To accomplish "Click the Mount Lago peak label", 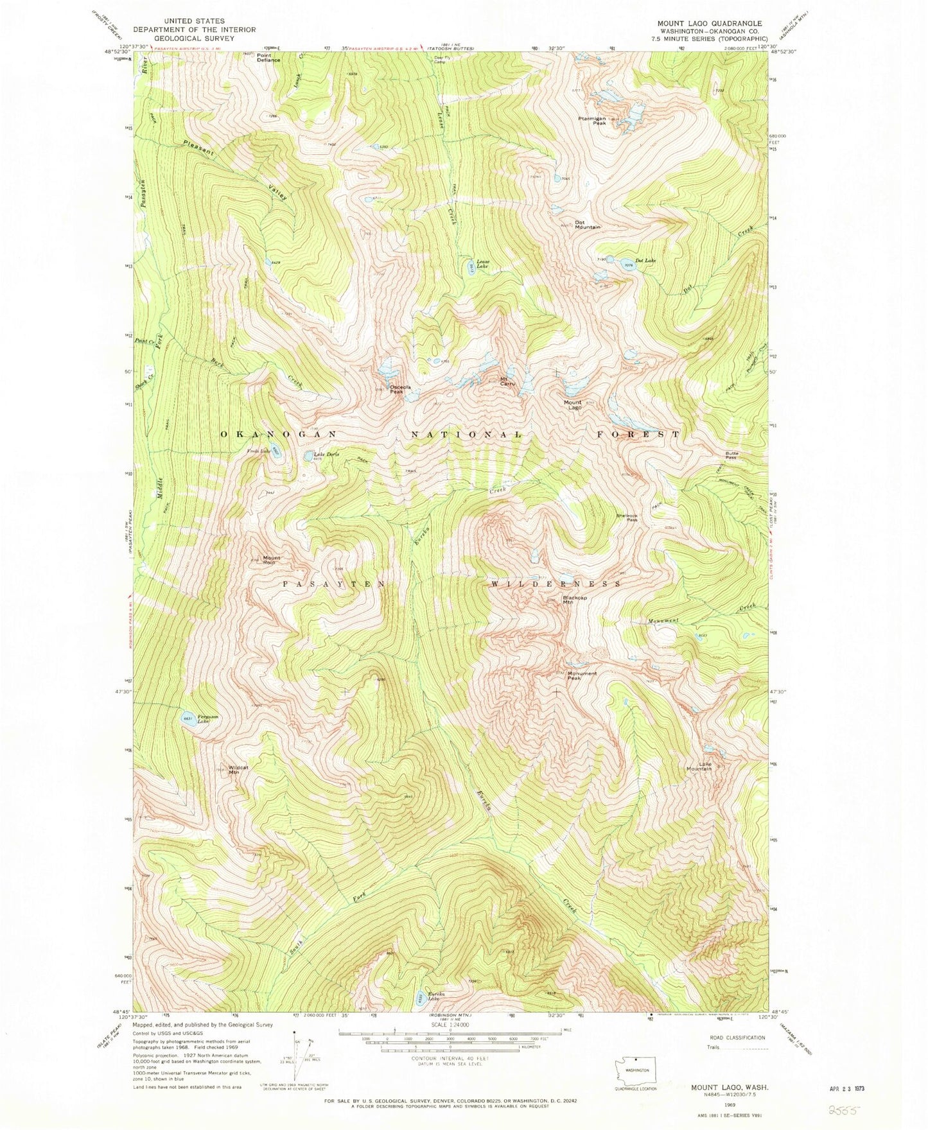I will [x=573, y=405].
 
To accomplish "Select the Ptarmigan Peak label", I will [x=591, y=120].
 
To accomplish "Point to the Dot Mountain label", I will [x=587, y=225].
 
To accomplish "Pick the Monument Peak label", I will [x=582, y=675].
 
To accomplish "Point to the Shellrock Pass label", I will [x=627, y=517].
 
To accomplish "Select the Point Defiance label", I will [x=268, y=58].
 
